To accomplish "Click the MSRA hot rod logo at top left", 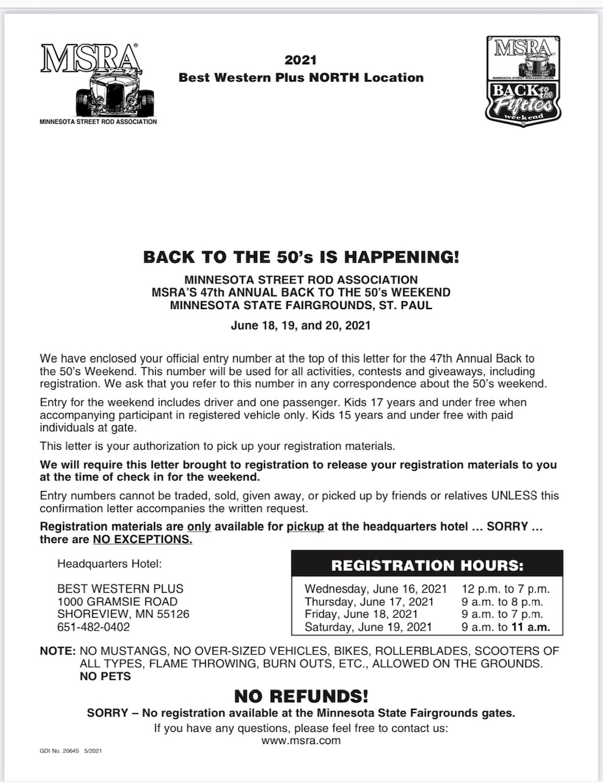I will [x=98, y=83].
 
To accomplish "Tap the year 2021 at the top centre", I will [x=301, y=60].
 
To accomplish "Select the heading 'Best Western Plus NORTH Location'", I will [x=301, y=78].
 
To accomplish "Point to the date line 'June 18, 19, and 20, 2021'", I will [x=301, y=326].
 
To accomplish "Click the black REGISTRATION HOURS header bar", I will [x=427, y=565].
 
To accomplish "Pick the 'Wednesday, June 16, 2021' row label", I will [x=376, y=590].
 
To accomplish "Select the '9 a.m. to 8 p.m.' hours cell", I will [x=502, y=602].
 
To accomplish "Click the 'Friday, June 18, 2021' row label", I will [x=361, y=614].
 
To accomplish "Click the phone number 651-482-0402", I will [x=93, y=627].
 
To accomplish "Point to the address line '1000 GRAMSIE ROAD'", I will [x=117, y=602].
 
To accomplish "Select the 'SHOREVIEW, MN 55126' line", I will [x=123, y=614].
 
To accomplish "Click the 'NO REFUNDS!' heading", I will [x=301, y=695].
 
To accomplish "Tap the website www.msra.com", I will [x=301, y=740].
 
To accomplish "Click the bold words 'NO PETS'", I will [x=105, y=676].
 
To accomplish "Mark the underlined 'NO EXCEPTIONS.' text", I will [x=142, y=539].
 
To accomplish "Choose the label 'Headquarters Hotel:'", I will [x=109, y=564].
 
